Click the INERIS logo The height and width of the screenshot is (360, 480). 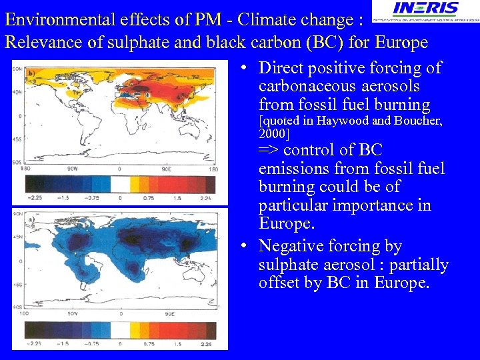(x=425, y=10)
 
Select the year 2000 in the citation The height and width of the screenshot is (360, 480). (x=273, y=133)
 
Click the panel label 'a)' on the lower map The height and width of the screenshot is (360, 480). (x=31, y=218)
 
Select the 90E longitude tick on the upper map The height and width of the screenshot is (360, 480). (x=170, y=169)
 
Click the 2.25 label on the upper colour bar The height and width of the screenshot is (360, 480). (x=205, y=198)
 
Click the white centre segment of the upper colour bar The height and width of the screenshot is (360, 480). (x=120, y=183)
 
